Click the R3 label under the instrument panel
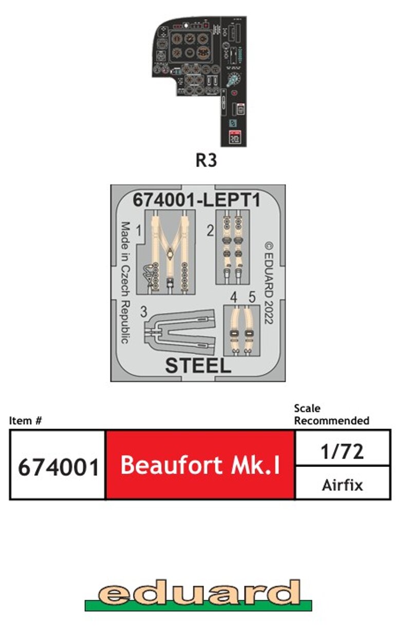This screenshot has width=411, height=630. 207,161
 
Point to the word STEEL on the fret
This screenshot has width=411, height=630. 198,366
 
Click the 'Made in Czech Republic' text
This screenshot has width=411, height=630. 125,282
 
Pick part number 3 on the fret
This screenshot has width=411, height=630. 144,312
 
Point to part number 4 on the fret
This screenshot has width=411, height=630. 234,298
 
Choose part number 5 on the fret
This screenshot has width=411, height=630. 251,298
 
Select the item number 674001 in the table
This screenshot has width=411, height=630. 58,467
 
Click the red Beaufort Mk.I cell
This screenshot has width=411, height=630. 200,465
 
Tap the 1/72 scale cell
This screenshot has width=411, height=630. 343,452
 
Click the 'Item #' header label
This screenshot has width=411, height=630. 25,421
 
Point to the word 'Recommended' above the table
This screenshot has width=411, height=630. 331,421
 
